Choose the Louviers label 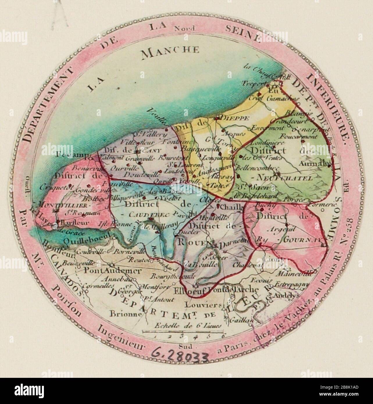[203, 305]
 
